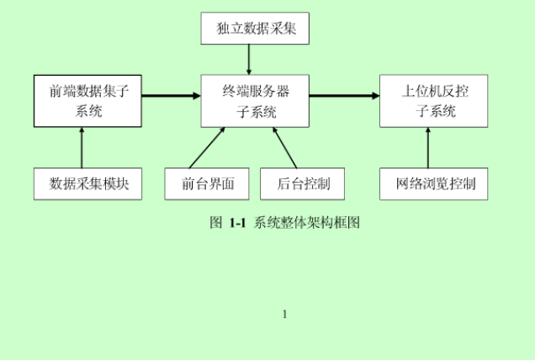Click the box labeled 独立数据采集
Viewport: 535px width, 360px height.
pos(255,29)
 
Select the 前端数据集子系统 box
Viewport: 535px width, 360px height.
pos(87,100)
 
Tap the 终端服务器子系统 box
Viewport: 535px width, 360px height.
pos(255,100)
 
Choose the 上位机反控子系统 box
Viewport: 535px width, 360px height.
pos(434,100)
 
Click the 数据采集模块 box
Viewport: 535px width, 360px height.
pos(87,183)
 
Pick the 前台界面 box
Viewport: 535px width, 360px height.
pos(207,183)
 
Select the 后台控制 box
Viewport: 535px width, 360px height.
pos(302,183)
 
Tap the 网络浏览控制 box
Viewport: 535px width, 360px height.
pos(434,183)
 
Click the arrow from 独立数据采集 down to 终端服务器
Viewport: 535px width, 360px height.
pos(250,59)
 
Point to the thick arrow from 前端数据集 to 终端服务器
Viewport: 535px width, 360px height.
pos(171,96)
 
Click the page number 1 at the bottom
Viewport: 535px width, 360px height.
pos(285,315)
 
